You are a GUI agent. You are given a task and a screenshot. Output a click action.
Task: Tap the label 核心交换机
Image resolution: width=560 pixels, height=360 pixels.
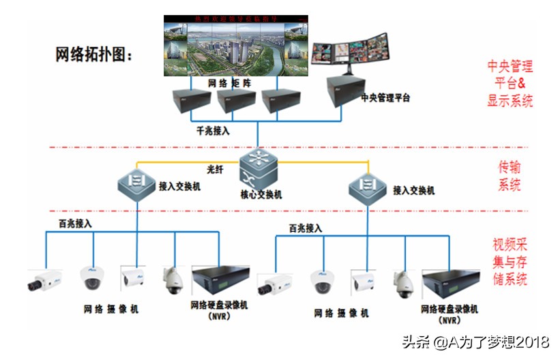(261, 194)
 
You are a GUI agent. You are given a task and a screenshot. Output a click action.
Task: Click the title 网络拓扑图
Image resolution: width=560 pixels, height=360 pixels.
(94, 55)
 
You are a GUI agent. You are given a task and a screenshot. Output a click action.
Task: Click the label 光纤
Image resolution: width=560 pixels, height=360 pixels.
(216, 168)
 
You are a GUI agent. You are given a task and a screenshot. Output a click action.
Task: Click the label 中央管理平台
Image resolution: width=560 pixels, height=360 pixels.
(386, 98)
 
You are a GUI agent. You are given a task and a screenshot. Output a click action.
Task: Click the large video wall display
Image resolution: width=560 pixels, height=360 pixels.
(235, 44)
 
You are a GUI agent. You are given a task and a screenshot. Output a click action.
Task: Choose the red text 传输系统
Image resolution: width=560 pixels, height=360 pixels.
(510, 175)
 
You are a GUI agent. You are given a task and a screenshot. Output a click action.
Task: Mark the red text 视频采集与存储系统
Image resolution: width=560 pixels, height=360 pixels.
(510, 261)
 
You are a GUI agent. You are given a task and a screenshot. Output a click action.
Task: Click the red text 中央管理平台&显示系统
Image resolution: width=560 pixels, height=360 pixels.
(510, 84)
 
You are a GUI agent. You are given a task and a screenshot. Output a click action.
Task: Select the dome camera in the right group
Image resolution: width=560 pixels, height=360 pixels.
(323, 282)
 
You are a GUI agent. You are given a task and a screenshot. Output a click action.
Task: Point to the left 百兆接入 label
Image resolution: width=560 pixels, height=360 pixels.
(75, 223)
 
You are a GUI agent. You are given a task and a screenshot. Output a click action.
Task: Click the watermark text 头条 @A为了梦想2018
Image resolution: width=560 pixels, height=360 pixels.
(475, 341)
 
